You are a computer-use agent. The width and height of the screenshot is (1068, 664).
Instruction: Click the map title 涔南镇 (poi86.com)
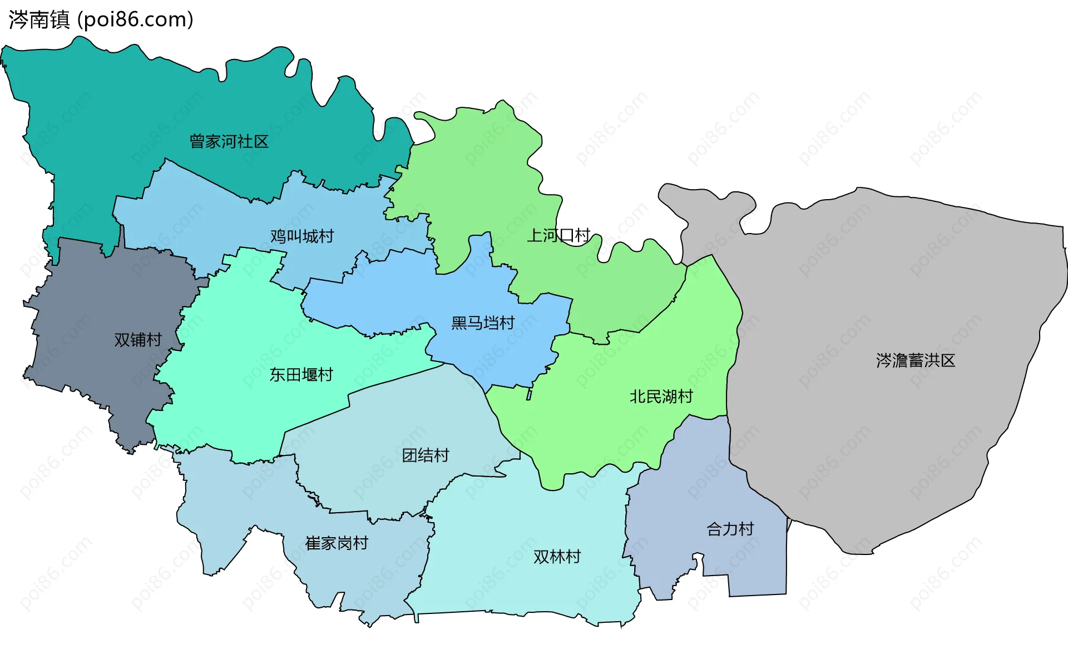(101, 20)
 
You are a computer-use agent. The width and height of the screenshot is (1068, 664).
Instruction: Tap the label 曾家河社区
(229, 141)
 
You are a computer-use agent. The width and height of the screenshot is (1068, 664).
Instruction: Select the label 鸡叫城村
(302, 236)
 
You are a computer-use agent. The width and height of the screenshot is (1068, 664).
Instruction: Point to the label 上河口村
(558, 235)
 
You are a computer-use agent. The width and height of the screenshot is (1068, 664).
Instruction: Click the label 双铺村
(138, 340)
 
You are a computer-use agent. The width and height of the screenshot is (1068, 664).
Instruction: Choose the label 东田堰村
(301, 375)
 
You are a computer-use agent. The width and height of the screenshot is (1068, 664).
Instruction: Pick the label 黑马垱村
(483, 323)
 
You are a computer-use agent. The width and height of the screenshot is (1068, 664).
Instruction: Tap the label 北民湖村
(661, 397)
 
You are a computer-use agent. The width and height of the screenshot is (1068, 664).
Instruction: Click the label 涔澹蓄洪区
(916, 360)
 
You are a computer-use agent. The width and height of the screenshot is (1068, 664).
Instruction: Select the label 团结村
(426, 455)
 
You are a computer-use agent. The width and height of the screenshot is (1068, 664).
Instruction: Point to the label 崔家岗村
(337, 543)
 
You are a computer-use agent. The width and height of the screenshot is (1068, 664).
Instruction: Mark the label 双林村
(557, 557)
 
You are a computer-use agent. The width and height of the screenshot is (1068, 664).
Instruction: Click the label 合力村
(730, 529)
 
